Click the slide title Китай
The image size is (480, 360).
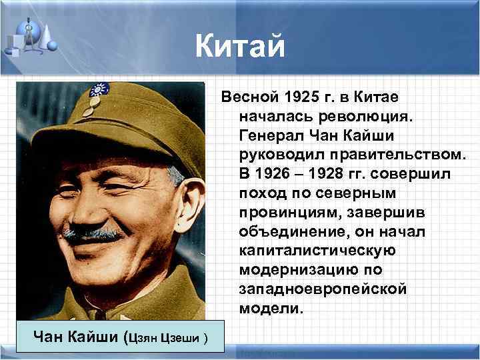click(x=240, y=47)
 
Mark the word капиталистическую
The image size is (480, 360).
click(x=316, y=251)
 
